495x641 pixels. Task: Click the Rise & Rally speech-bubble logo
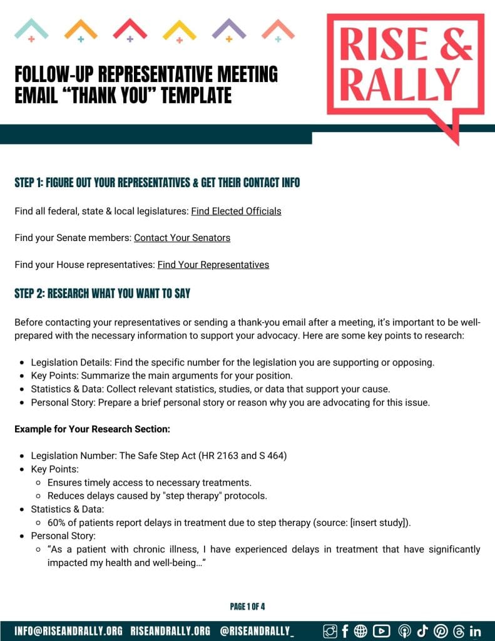coord(405,69)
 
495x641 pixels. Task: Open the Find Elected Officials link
coord(236,212)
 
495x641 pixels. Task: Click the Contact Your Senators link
coord(182,238)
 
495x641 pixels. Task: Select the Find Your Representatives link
coord(213,265)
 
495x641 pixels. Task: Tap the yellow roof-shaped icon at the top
coord(180,30)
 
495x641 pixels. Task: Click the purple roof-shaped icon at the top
coord(229,29)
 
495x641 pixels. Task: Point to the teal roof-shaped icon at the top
coord(31,29)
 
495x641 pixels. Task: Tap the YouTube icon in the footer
coord(380,631)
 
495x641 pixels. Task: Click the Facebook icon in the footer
coord(345,631)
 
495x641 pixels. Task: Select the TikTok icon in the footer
coord(422,631)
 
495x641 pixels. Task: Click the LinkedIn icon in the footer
coord(475,631)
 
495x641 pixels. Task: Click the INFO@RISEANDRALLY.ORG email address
coord(69,631)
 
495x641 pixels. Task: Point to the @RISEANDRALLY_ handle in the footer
coord(257,631)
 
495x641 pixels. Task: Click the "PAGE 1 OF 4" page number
coord(248,607)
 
